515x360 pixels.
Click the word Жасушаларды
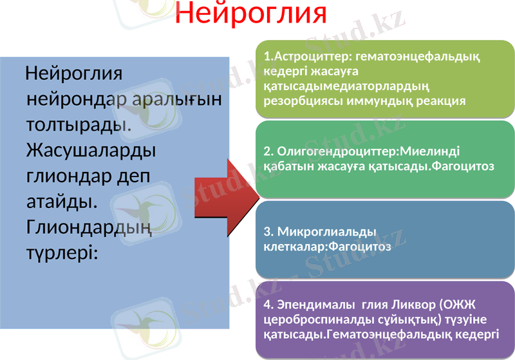pyautogui.click(x=90, y=150)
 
